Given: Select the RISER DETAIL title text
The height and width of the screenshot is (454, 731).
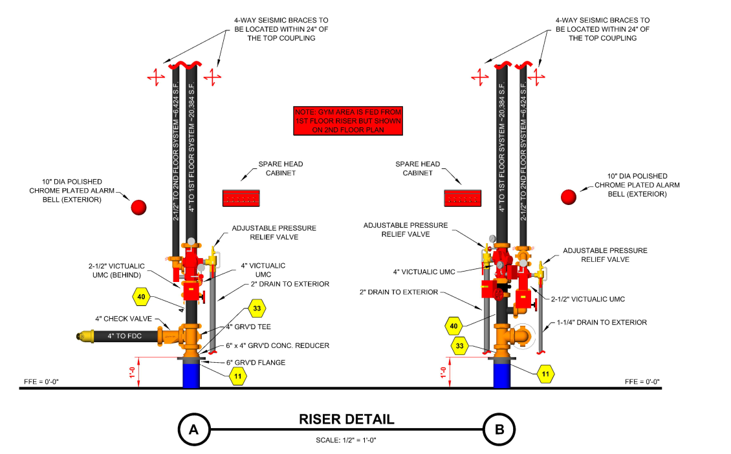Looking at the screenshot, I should coord(346,419).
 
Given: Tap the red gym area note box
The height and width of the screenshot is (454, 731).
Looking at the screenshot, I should coord(347,121).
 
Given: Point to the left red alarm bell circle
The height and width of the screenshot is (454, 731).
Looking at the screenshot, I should coord(139,207).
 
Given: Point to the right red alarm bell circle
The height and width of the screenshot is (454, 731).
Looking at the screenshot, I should coord(569,197).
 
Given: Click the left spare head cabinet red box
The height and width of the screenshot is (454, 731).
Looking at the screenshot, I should coord(241,197).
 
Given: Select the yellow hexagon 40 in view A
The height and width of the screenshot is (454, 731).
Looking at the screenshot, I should coord(141,297).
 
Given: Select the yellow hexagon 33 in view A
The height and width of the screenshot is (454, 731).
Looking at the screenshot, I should coord(257,308).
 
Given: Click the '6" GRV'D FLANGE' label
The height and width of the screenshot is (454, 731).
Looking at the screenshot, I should coord(256,362).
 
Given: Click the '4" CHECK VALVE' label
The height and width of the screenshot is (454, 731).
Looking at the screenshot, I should coord(123,318).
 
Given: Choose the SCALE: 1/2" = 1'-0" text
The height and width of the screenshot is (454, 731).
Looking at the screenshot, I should coord(346,440).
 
